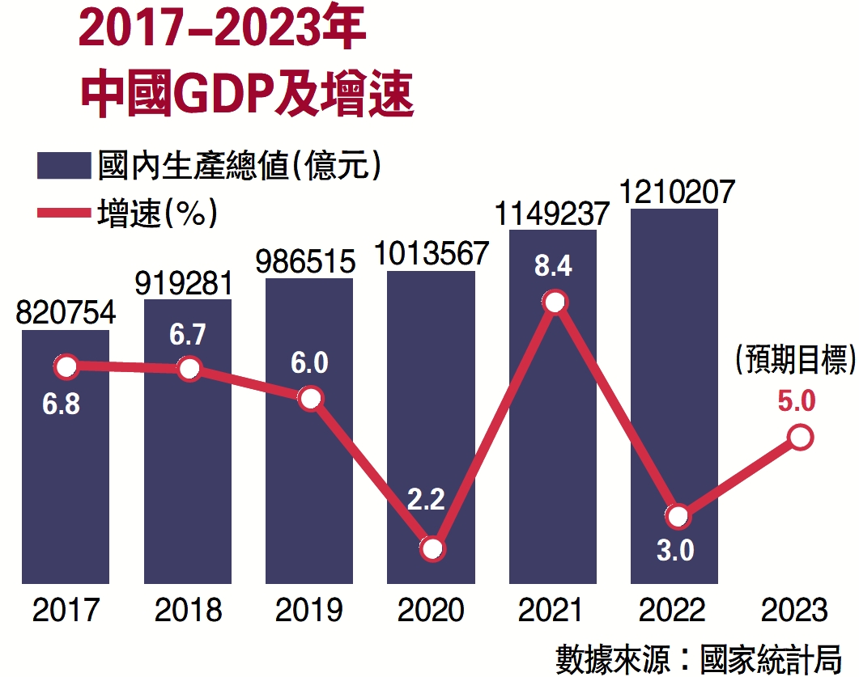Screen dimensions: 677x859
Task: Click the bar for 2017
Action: point(66,485)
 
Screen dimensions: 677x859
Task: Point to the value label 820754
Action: point(66,312)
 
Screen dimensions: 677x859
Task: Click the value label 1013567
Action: point(431,253)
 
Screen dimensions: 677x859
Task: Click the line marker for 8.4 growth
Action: point(554,303)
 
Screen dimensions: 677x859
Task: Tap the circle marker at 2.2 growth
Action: point(432,549)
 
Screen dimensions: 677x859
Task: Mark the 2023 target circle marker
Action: point(800,438)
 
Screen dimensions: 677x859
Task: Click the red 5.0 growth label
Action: point(797,402)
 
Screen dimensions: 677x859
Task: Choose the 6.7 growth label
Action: point(189,335)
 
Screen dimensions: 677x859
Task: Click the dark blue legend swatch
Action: point(62,167)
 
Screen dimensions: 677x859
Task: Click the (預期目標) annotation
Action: point(795,361)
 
